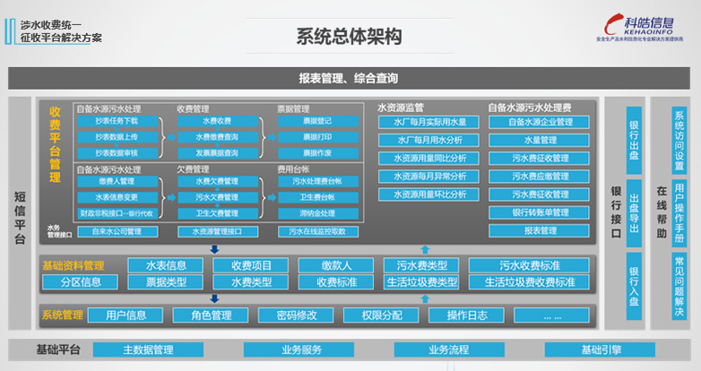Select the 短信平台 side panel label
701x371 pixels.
(x=21, y=215)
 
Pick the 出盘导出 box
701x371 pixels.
(x=634, y=211)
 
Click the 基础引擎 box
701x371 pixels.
(x=601, y=349)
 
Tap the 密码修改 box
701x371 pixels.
(x=289, y=315)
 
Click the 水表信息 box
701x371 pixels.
(x=159, y=265)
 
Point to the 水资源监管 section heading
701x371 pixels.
(x=401, y=108)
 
